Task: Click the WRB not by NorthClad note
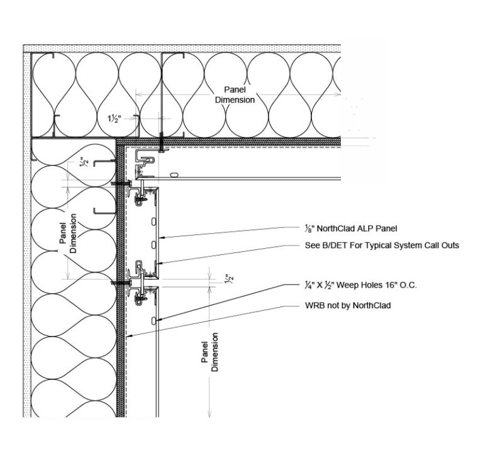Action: tap(347, 306)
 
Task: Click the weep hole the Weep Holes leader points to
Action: tap(155, 321)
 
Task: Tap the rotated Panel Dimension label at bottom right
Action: tap(210, 352)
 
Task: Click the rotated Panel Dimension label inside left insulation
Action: tap(68, 233)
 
